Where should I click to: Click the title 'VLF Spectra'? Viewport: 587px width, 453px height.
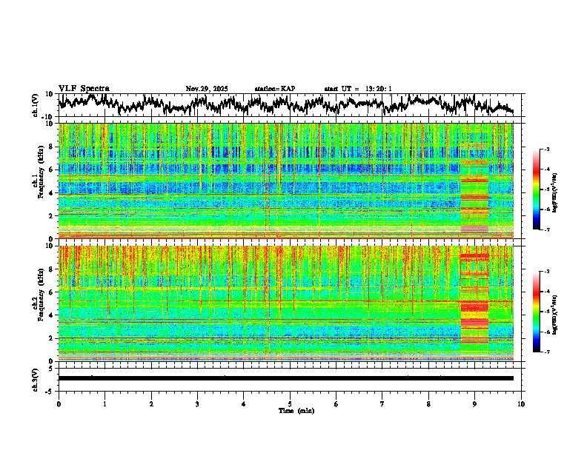pos(84,89)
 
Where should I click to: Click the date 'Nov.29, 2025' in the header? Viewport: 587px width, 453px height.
pos(207,89)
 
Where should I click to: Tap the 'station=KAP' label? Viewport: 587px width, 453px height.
pos(274,89)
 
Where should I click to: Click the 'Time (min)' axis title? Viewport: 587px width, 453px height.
pos(290,410)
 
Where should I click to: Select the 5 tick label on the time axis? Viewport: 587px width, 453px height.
pos(290,403)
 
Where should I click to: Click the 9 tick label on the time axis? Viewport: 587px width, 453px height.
pos(475,403)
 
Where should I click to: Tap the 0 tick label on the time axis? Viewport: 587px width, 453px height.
pos(59,403)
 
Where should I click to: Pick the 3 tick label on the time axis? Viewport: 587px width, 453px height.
pos(197,403)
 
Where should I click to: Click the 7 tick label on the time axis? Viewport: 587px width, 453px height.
pos(382,403)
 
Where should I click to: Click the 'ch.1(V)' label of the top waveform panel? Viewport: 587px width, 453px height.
pos(36,106)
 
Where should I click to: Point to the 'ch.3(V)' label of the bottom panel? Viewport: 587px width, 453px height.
pos(36,378)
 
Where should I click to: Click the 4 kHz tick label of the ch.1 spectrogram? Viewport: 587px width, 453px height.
pos(52,193)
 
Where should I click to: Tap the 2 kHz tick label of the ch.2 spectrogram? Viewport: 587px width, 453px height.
pos(52,338)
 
